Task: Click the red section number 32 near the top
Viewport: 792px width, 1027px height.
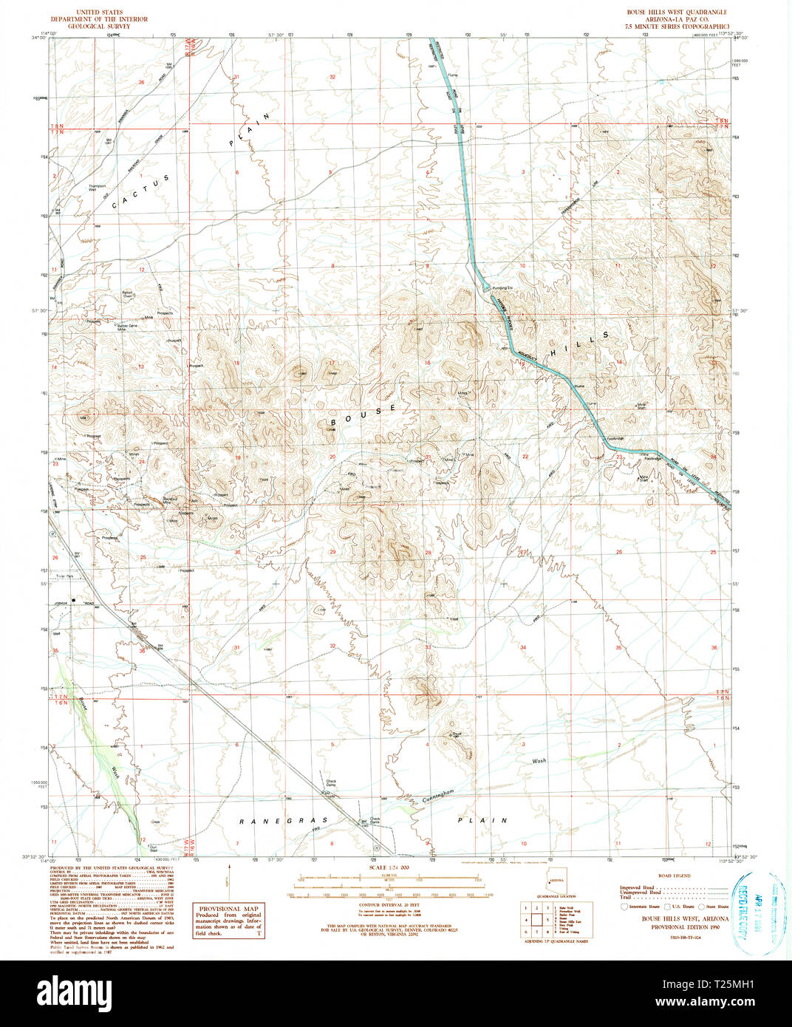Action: click(x=332, y=77)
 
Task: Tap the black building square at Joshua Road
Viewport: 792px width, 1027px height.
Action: click(x=73, y=601)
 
